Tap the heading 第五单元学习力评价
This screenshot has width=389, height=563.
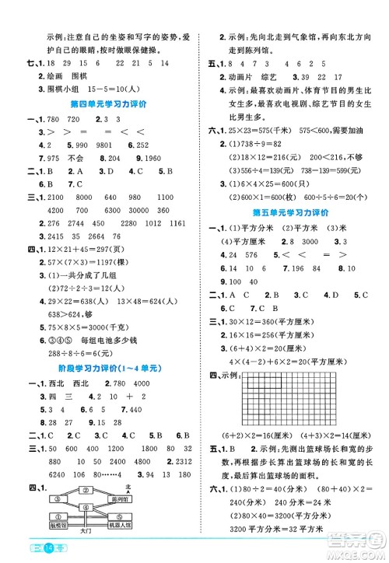[x=290, y=212]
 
